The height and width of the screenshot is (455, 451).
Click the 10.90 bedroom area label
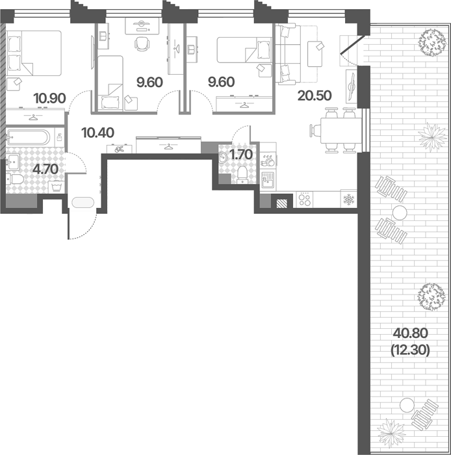(49, 98)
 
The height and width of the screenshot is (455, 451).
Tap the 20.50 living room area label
(315, 96)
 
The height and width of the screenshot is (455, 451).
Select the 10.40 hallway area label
(97, 133)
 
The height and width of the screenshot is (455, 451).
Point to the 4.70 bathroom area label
(45, 169)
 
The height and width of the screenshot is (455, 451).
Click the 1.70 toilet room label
(240, 155)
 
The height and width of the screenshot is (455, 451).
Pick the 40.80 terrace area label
(410, 333)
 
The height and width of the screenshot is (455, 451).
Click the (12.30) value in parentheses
(410, 350)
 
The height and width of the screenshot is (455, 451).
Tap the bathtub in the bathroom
(29, 137)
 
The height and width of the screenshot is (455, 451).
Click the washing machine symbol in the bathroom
(57, 187)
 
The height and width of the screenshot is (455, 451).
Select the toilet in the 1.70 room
(241, 175)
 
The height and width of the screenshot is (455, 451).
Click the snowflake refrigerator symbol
(348, 200)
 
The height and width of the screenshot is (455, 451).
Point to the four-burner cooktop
(304, 200)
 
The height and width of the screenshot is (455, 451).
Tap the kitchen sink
(268, 180)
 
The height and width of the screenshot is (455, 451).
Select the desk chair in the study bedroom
(142, 44)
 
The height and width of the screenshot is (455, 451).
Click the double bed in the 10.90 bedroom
(34, 53)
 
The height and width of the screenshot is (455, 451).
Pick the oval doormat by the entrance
(83, 203)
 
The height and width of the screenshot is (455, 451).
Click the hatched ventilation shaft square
(281, 203)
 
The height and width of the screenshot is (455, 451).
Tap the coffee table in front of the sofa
(315, 53)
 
